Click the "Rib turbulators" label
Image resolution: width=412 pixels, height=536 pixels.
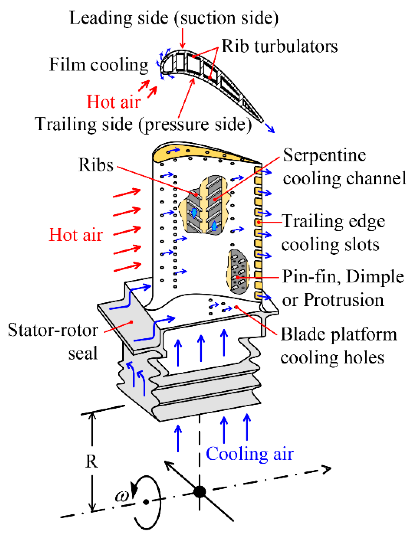pos(280,46)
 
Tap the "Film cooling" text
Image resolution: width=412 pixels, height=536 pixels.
pos(99,65)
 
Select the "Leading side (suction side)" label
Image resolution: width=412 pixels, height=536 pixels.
pos(174,18)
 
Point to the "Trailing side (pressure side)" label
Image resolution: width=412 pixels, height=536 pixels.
pos(143,124)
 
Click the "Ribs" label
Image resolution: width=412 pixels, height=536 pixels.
pos(96,165)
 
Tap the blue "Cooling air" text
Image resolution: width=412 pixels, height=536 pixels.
pos(250,454)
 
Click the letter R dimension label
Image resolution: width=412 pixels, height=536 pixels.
pos(92,461)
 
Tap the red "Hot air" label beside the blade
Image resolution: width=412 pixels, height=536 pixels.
pos(76,235)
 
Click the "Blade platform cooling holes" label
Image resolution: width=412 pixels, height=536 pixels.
pos(339,346)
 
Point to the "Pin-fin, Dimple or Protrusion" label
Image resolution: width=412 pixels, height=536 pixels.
pos(343,288)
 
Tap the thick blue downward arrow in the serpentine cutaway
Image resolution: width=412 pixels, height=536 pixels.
pos(194,213)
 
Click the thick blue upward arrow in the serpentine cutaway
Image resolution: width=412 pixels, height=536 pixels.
pos(214,225)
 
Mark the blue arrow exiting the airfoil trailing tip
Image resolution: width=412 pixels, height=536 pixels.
pos(270,128)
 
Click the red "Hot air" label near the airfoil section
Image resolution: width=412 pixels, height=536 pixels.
pos(114,102)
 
